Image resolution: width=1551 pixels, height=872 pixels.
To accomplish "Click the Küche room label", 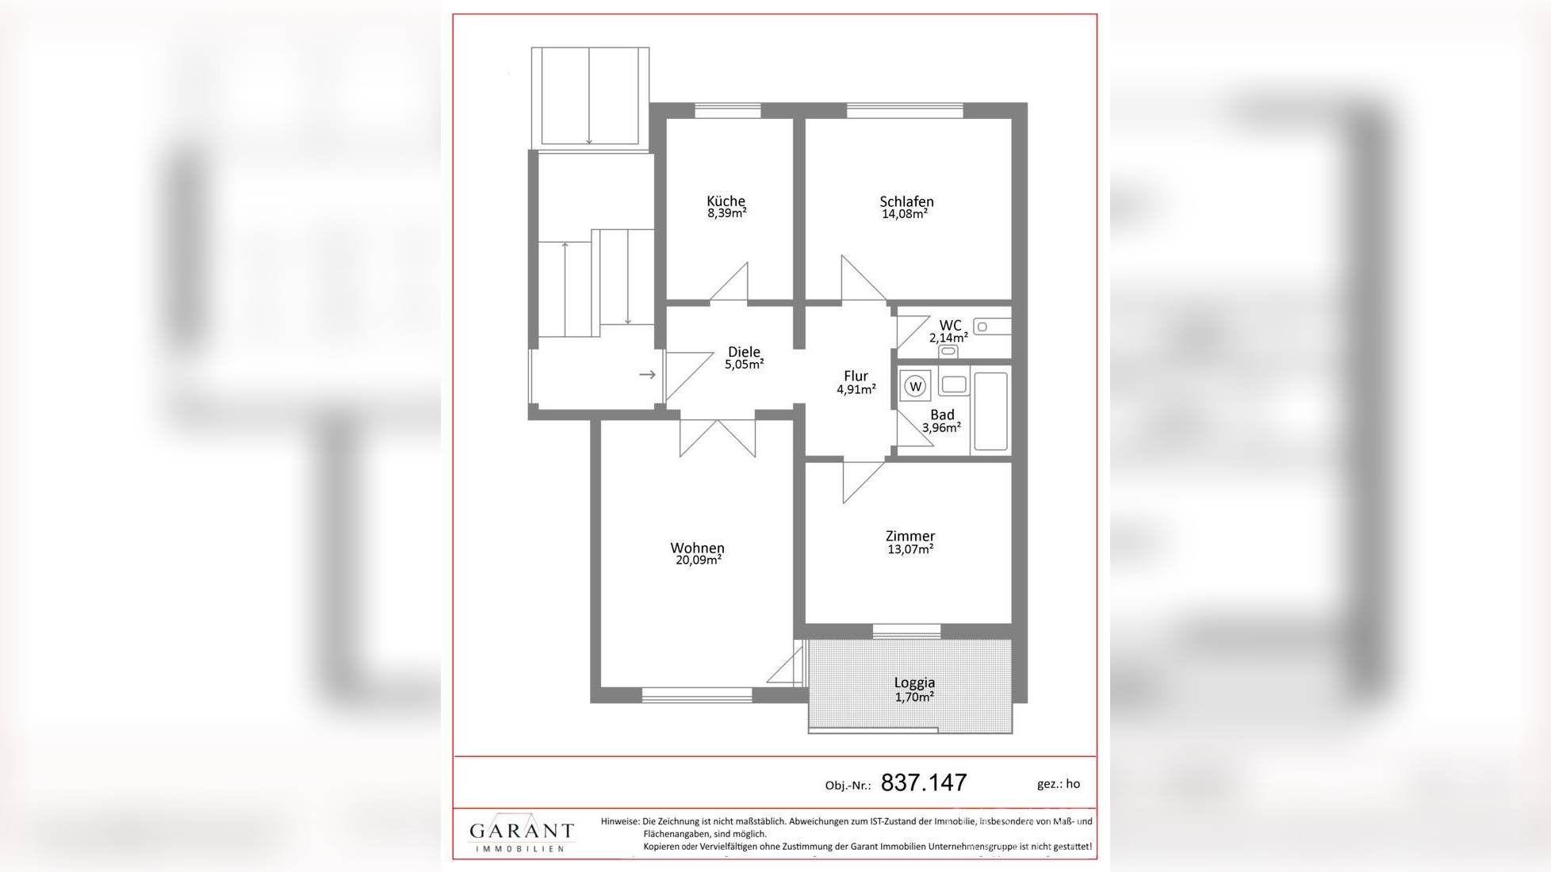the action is (726, 201).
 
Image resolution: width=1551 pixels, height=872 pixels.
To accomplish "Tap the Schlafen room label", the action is (906, 201).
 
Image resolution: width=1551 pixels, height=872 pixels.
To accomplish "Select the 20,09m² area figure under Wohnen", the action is (698, 560).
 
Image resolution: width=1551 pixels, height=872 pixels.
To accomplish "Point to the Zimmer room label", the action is (910, 536).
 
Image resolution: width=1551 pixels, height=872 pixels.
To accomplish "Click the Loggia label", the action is (914, 682).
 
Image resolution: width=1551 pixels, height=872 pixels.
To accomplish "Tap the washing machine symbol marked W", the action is (916, 386).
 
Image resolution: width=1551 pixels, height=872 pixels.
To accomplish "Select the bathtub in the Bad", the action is (990, 411).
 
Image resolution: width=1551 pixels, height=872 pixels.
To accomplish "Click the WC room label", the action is (950, 325).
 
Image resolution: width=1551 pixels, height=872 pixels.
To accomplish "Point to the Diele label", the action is (744, 351).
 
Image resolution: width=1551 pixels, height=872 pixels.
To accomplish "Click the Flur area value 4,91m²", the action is (856, 389).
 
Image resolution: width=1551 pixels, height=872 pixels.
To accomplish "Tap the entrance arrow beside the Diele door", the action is (648, 374).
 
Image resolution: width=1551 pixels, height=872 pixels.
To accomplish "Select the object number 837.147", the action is (924, 782).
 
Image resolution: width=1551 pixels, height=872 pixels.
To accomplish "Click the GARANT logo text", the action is (521, 831).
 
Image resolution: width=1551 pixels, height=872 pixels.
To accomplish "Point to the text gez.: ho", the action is (1059, 783).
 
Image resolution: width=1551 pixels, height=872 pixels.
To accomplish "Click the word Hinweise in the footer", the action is (620, 821).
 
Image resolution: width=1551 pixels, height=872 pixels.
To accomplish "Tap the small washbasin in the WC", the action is (992, 327).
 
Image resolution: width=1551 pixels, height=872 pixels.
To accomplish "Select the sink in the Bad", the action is (954, 384).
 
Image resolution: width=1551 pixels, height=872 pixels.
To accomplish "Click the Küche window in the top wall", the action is (727, 110).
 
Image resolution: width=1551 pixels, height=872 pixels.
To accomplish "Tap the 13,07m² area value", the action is (910, 549).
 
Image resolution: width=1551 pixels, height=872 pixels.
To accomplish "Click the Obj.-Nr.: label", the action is (848, 786).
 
